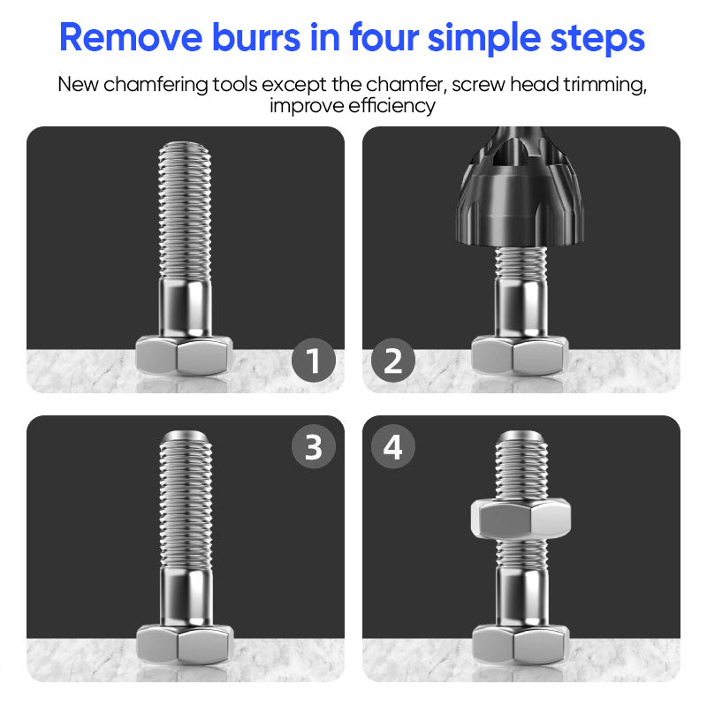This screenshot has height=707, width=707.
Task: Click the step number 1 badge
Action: (314, 361)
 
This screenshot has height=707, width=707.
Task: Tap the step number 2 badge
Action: (393, 361)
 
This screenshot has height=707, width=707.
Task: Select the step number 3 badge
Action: (314, 446)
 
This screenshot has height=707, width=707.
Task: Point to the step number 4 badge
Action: (393, 446)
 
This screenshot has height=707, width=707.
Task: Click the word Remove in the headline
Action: (131, 37)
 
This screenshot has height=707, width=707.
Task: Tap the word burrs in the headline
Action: (256, 37)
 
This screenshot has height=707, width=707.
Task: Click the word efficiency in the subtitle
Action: (392, 106)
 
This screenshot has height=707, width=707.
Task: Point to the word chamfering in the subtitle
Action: (156, 85)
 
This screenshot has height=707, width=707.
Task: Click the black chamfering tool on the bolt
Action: (521, 187)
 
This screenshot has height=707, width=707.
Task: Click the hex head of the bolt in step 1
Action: (185, 355)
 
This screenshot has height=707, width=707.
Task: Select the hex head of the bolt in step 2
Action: (521, 355)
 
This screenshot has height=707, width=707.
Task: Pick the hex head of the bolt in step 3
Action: (185, 644)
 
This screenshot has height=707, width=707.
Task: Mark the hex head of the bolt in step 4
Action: (521, 644)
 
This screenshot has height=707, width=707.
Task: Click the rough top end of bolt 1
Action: (185, 147)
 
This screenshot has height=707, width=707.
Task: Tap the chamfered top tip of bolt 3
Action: (186, 437)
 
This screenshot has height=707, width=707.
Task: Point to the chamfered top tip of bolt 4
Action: (521, 437)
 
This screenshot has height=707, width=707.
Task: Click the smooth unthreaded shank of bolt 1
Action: (185, 308)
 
